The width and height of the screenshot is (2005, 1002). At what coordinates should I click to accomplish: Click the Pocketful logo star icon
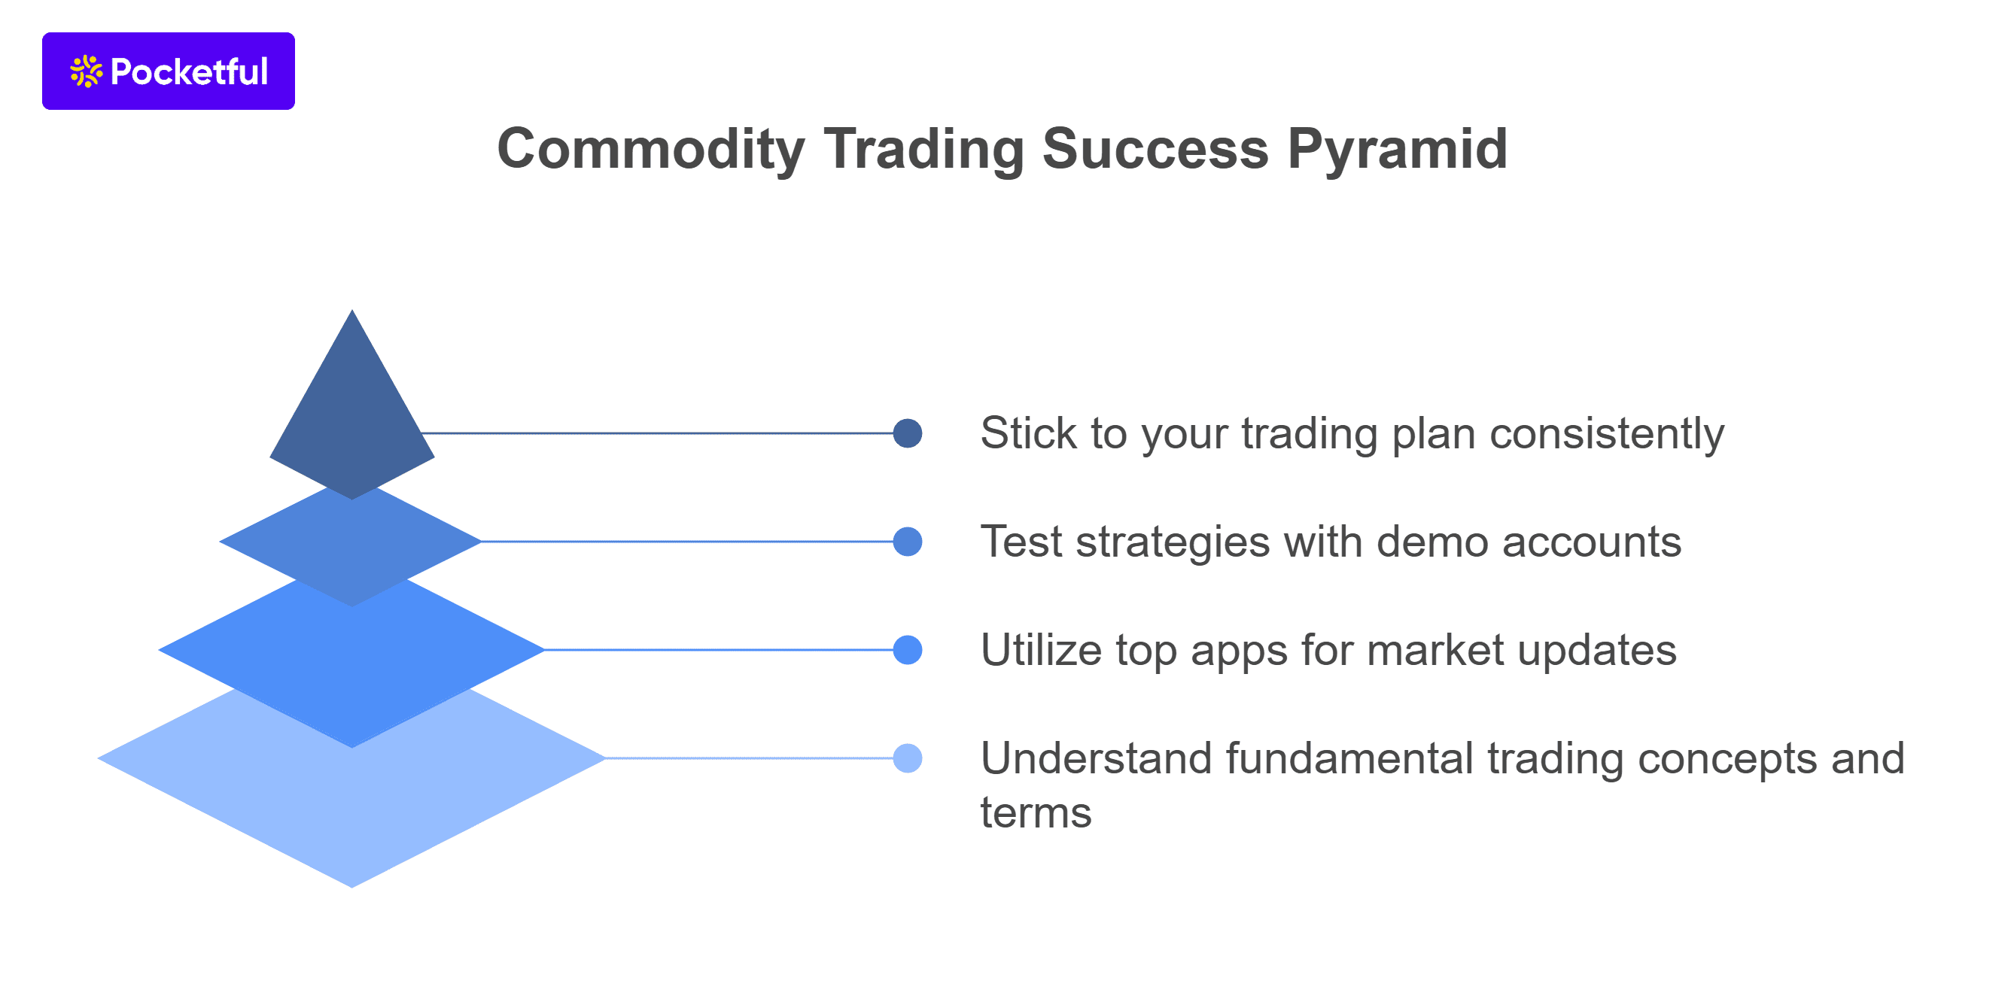point(86,71)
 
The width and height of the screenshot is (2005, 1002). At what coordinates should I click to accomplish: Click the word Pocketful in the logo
point(189,71)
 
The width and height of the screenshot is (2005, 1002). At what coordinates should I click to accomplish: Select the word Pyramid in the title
point(1397,149)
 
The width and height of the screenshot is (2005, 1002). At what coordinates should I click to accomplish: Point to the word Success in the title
point(1155,149)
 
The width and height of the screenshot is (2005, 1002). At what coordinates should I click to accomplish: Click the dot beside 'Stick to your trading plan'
point(908,433)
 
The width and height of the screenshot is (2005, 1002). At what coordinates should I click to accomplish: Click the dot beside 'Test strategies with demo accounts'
point(908,542)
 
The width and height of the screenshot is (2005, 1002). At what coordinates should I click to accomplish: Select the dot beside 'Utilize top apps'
point(908,650)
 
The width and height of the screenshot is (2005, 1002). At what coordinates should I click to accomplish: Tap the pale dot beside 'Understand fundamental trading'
point(908,758)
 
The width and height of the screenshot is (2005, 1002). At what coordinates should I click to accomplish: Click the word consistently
point(1607,433)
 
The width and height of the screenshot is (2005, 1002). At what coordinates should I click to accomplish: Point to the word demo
point(1432,542)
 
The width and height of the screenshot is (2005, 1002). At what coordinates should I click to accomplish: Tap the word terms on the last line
point(1035,813)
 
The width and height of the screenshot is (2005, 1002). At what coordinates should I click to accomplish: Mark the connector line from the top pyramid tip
point(662,433)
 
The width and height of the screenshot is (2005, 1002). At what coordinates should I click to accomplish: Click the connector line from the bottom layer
point(747,758)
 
